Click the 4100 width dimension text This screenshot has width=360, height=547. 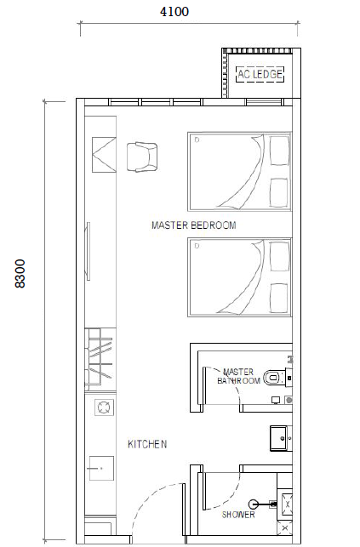(174, 11)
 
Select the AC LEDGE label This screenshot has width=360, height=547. (260, 74)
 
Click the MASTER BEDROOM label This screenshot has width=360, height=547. (193, 225)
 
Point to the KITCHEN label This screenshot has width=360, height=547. (147, 444)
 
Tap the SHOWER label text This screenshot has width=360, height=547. (237, 515)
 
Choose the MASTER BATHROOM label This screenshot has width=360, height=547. (237, 376)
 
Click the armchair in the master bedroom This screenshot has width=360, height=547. (141, 157)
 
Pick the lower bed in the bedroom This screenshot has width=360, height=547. (239, 276)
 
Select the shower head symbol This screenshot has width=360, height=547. (254, 504)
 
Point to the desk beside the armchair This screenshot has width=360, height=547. (100, 156)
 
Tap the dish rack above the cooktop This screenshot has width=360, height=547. (100, 356)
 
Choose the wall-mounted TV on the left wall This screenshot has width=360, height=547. (87, 249)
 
